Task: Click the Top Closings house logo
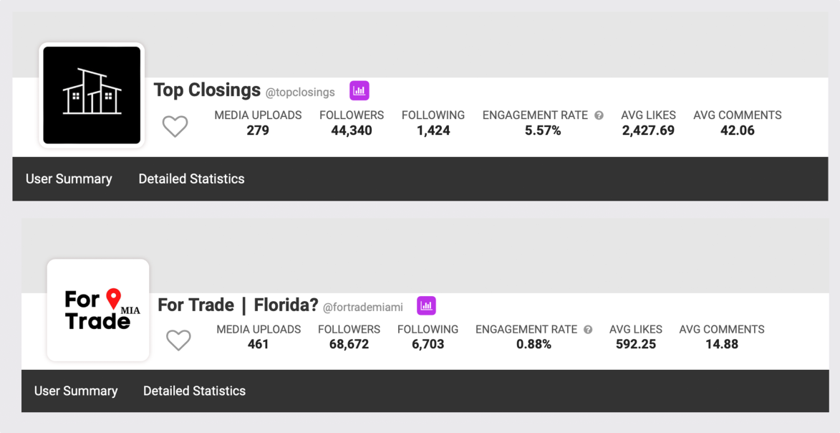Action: pos(92,95)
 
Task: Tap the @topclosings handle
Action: pos(300,92)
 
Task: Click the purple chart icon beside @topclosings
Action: pos(359,91)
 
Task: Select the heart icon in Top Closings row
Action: pos(175,127)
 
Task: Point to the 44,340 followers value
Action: pos(352,130)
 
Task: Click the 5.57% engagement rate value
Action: pos(543,130)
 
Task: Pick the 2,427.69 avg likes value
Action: pos(648,130)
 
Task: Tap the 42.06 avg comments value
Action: pos(738,130)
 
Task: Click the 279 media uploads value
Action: pos(258,130)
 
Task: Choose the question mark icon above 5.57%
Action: pos(599,115)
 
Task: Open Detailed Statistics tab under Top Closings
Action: pos(191,179)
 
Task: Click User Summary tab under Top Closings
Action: pos(69,179)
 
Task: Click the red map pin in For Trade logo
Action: pos(113,298)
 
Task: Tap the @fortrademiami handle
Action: pos(363,307)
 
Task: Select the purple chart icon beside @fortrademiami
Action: pos(426,305)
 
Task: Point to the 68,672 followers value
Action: pos(349,344)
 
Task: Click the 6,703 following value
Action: pos(428,344)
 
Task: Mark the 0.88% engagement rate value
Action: pos(534,344)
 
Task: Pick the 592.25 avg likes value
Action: pos(636,344)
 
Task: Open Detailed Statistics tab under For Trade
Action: pos(194,391)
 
